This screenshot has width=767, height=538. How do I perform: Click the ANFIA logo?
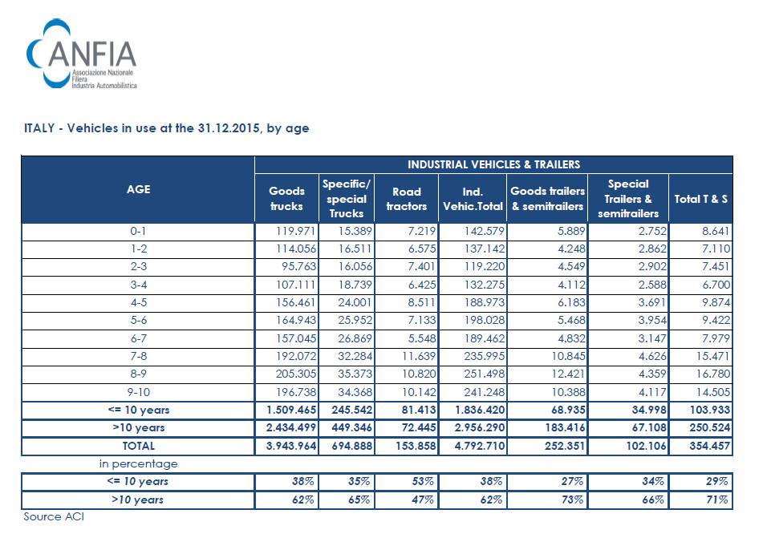(81, 54)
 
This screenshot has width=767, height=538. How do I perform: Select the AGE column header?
(139, 189)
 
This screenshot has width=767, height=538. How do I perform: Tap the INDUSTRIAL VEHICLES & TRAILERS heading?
(493, 164)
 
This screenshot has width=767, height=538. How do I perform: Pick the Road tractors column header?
(407, 199)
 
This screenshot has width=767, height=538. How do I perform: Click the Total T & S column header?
(700, 199)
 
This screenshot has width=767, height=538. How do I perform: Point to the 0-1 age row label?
(139, 231)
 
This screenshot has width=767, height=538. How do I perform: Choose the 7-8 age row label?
(139, 356)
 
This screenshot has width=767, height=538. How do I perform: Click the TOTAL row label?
(139, 446)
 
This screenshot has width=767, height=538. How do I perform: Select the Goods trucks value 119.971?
(296, 231)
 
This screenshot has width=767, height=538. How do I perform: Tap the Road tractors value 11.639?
(418, 356)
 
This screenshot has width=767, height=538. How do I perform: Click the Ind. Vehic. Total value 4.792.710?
(480, 446)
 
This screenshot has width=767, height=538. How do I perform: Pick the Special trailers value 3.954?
(652, 321)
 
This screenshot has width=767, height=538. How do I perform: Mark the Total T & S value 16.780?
(713, 374)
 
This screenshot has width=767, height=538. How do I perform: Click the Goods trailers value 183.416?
(565, 427)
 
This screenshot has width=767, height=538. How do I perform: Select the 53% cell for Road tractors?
(423, 481)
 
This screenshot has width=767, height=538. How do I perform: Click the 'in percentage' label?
(139, 463)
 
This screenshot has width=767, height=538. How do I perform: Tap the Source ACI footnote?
(54, 516)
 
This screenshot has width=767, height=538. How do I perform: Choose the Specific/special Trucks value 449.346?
(351, 427)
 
